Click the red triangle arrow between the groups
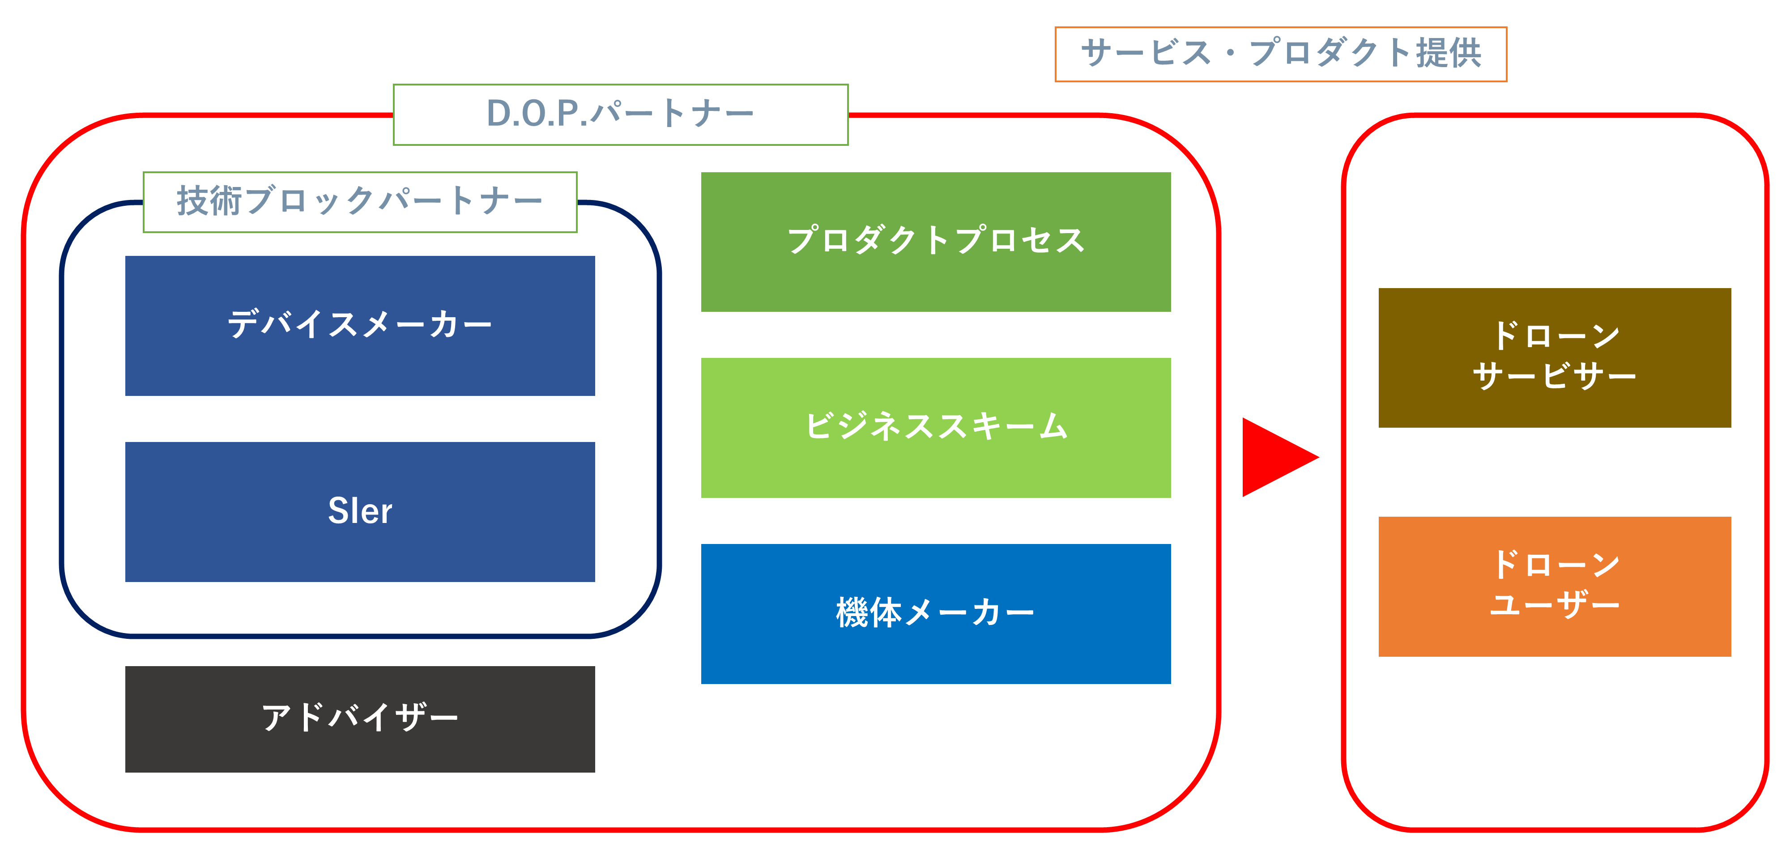[x=1275, y=457]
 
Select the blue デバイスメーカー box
[x=360, y=326]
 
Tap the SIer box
[x=360, y=512]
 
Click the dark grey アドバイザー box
[x=360, y=719]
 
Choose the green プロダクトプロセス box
[x=936, y=242]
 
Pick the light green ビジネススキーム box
[x=936, y=428]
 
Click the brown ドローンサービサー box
[x=1555, y=358]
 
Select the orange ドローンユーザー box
[x=1555, y=586]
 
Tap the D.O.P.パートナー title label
[x=621, y=115]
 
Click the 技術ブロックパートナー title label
[x=360, y=201]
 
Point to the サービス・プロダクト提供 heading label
[x=1281, y=54]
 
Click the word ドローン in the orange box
[x=1555, y=565]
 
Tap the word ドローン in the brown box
[x=1555, y=336]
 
